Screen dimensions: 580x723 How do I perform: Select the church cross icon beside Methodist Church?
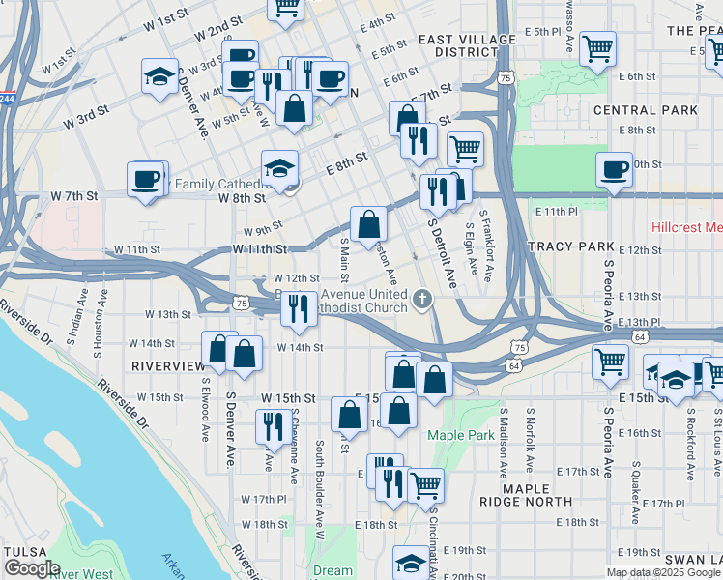421,300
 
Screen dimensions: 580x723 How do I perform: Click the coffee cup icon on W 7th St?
146,178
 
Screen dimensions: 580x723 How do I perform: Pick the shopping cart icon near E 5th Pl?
598,46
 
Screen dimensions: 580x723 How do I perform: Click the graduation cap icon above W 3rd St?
159,76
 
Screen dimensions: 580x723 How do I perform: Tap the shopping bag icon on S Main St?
368,224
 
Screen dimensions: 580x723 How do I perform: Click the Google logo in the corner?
32,568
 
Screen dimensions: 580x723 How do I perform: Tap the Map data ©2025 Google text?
663,572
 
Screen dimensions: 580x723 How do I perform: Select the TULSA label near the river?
23,550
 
